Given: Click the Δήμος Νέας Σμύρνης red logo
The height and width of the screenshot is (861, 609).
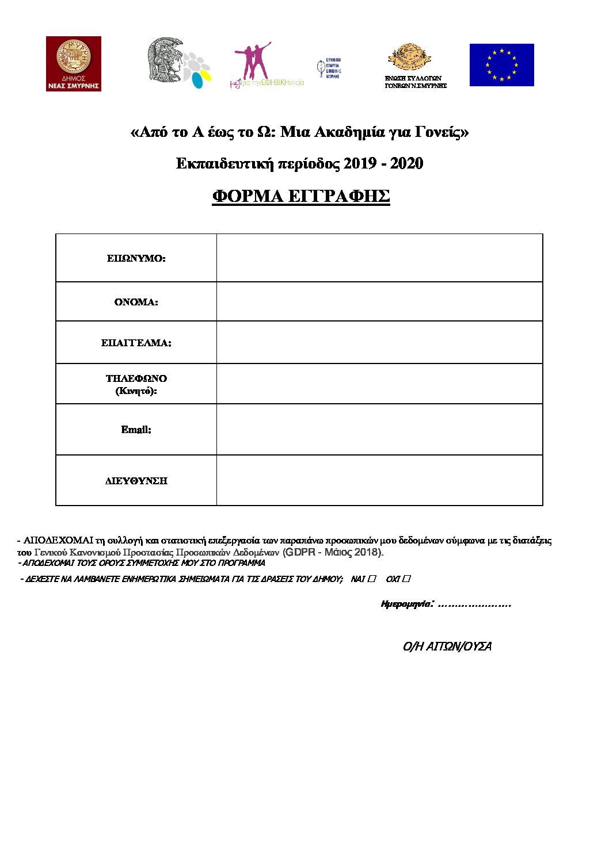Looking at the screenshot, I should pyautogui.click(x=74, y=63).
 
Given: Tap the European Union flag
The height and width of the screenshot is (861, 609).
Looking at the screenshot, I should pyautogui.click(x=501, y=65).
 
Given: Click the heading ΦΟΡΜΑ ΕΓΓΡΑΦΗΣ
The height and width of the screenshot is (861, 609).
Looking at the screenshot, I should pyautogui.click(x=300, y=197).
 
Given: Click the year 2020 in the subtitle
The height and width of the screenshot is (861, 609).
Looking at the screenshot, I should pyautogui.click(x=406, y=164).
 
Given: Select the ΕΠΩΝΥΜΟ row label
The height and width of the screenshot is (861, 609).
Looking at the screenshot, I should pyautogui.click(x=136, y=259).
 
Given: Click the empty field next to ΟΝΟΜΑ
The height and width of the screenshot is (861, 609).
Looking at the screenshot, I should pyautogui.click(x=379, y=302).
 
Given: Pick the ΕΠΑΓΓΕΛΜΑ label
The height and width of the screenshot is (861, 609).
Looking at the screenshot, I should pyautogui.click(x=136, y=343).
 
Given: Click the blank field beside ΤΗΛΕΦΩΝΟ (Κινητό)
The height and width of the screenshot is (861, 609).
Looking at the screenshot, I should pyautogui.click(x=379, y=384).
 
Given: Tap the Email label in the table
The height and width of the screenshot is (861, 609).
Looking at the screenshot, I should pyautogui.click(x=136, y=430).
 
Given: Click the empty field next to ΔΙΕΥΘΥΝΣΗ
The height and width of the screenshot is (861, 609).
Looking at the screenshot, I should pyautogui.click(x=379, y=481).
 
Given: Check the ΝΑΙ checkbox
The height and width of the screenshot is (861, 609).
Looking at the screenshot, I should pyautogui.click(x=372, y=579).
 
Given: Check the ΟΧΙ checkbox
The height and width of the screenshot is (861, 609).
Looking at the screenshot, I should pyautogui.click(x=406, y=579).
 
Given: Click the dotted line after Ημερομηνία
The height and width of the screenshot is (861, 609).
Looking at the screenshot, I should pyautogui.click(x=474, y=604).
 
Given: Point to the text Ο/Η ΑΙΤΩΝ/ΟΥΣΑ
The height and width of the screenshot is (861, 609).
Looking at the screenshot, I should pyautogui.click(x=447, y=646).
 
